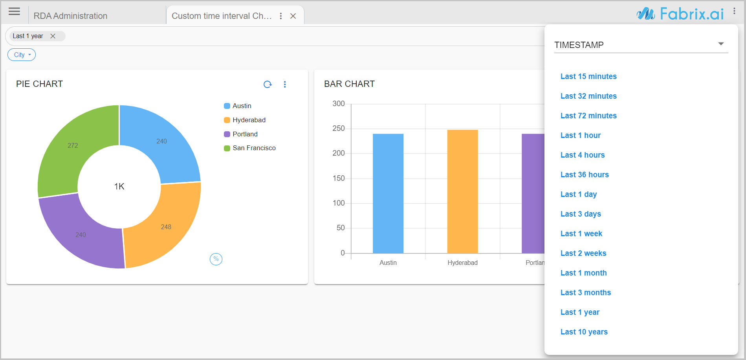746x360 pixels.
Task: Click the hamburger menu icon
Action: coord(14,11)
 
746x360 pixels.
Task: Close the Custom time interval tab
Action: coord(293,16)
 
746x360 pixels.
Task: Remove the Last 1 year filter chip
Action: coord(53,36)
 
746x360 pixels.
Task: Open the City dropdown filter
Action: coord(22,55)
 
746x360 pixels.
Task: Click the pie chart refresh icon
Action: coord(268,84)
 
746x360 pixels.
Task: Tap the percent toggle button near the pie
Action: coord(216,259)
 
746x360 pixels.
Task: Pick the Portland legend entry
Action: coord(245,134)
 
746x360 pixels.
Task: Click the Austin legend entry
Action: coord(242,106)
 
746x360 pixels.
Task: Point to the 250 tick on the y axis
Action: coord(339,129)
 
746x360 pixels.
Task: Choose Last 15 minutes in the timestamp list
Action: coord(588,76)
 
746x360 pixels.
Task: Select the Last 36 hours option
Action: coord(585,174)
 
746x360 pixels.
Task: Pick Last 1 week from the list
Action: coord(581,233)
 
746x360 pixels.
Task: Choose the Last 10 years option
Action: coord(584,332)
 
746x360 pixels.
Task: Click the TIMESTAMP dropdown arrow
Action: coord(721,44)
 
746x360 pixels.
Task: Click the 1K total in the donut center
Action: coord(119,186)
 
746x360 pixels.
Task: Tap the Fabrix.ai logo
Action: coord(680,14)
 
